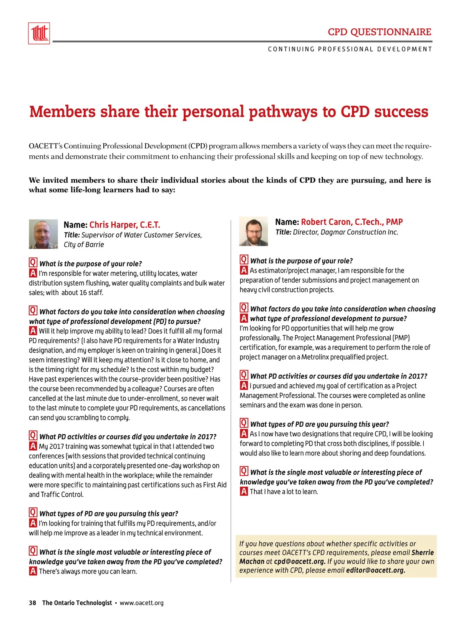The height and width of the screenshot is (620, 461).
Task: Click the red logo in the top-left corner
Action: pos(39,33)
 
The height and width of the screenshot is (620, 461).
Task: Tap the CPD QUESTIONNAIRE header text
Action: pos(379,32)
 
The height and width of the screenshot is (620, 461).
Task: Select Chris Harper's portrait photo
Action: pos(43,234)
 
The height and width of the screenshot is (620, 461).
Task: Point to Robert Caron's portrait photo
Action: pos(253,231)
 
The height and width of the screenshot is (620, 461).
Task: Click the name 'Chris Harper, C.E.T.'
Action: pos(124,225)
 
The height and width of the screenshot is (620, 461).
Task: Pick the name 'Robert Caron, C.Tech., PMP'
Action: pos(352,222)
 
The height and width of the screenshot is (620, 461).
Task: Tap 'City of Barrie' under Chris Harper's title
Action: pos(84,244)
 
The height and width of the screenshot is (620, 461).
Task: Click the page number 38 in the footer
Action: pos(32,603)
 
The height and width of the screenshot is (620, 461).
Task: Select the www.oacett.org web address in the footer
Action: pos(141,603)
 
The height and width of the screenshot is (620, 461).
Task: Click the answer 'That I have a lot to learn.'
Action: pos(284,492)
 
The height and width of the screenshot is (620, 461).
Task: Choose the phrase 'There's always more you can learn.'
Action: pos(88,572)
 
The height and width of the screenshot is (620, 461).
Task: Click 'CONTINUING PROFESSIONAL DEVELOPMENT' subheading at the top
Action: pos(350,49)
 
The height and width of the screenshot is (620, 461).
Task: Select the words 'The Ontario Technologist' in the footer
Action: pos(77,603)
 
